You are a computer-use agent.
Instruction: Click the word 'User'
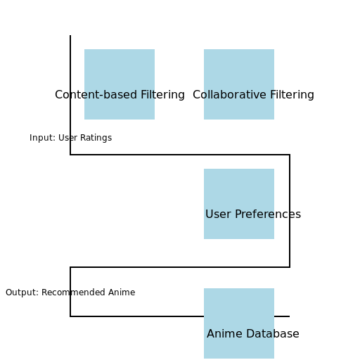coord(217,214)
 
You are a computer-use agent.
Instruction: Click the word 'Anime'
coord(224,334)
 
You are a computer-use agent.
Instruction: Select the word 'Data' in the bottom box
coord(259,334)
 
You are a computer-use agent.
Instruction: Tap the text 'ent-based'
coord(110,95)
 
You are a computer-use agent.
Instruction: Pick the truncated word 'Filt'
coord(146,95)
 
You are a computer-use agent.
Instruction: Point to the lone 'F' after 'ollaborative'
coord(271,95)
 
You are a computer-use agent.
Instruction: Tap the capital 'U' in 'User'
coord(209,214)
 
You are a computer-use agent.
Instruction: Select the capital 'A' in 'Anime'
coord(211,334)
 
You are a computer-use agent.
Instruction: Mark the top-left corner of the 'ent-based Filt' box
coord(85,50)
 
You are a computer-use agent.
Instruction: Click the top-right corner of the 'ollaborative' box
coord(274,50)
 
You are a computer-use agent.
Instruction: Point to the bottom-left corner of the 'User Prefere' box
coord(205,238)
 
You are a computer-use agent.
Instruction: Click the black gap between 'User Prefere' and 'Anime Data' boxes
coord(239,264)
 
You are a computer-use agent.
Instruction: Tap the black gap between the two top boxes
coord(179,84)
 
